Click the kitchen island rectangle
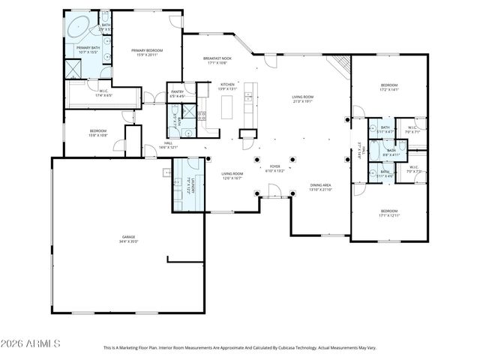227,106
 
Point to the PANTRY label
177,94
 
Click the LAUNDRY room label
193,184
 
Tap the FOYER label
274,168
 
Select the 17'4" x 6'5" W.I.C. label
103,94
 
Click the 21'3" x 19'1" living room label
304,98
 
